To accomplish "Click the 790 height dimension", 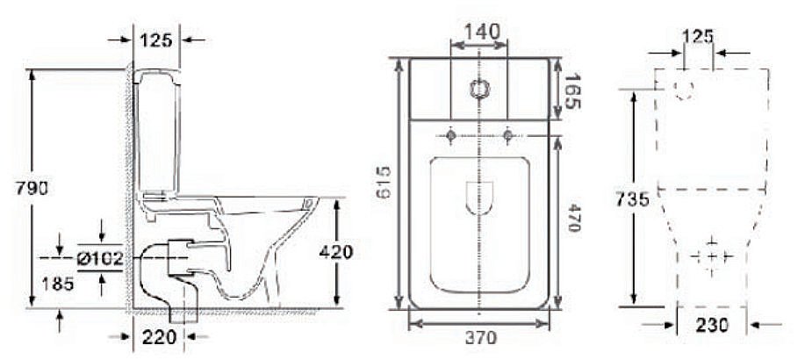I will [x=25, y=186].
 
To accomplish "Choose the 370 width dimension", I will [x=480, y=337].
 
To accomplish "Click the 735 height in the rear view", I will [x=632, y=199].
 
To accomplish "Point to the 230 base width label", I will [x=712, y=325].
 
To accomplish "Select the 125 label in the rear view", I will [x=699, y=38].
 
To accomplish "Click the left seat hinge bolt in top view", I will [x=451, y=135].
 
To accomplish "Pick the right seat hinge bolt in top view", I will [x=509, y=135].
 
